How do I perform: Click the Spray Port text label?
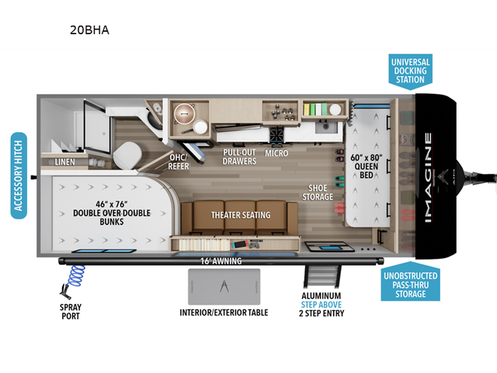[x=70, y=312]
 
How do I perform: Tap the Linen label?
[x=65, y=162]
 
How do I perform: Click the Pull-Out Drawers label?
[x=239, y=156]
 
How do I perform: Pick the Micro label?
[x=276, y=153]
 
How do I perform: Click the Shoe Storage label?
[x=318, y=191]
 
